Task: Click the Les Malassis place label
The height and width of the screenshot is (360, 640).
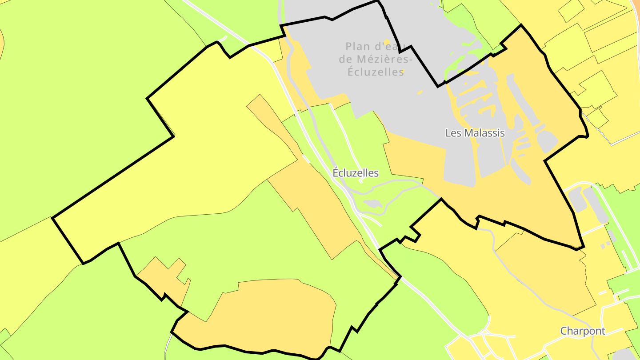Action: click(x=475, y=132)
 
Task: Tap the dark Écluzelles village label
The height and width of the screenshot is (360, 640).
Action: click(x=356, y=173)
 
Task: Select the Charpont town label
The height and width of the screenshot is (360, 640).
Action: click(x=583, y=331)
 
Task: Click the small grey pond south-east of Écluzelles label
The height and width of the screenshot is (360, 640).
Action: click(x=372, y=204)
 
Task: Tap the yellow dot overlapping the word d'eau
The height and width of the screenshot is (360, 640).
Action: click(x=387, y=43)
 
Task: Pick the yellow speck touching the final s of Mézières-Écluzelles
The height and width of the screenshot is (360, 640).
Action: click(x=402, y=71)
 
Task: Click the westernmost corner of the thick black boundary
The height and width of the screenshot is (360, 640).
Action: click(x=52, y=218)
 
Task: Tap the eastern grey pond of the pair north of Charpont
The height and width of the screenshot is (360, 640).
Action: click(x=596, y=204)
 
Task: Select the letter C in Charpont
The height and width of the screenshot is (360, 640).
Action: click(x=564, y=331)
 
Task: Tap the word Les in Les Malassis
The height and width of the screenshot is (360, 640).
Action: click(x=453, y=132)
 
